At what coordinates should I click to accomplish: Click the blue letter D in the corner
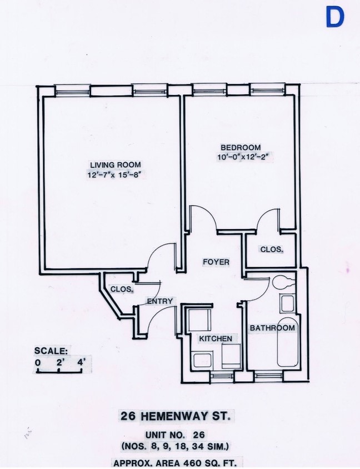[x=334, y=17]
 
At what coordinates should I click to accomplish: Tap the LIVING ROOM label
[x=116, y=164]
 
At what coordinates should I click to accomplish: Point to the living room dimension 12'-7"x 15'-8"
[x=115, y=175]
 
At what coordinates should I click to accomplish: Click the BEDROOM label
[x=237, y=147]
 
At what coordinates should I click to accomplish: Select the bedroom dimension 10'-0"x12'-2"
[x=247, y=157]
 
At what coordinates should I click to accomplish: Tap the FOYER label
[x=216, y=262]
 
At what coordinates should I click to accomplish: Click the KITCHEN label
[x=216, y=338]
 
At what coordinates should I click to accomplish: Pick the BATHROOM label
[x=272, y=328]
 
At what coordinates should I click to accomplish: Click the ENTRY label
[x=161, y=301]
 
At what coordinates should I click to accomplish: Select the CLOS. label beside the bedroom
[x=271, y=250]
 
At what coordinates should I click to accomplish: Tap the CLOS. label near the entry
[x=122, y=289]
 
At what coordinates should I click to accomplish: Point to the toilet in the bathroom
[x=284, y=281]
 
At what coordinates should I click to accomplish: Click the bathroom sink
[x=287, y=303]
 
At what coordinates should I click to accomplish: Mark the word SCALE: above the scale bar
[x=51, y=351]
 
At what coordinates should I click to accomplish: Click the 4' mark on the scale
[x=81, y=363]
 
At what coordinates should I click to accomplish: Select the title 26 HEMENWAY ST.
[x=175, y=416]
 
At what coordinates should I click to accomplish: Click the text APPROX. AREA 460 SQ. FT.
[x=175, y=462]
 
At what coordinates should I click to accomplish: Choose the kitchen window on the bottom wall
[x=222, y=376]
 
